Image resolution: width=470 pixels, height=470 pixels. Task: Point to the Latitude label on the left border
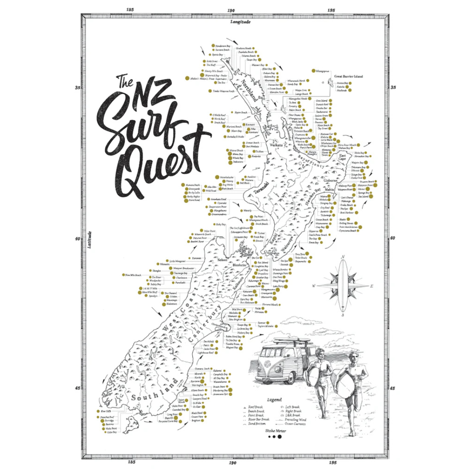[90, 239]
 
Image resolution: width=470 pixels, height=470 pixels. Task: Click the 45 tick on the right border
[393, 389]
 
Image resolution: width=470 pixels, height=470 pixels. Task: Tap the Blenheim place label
[239, 265]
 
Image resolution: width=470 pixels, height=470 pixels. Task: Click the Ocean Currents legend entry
[295, 423]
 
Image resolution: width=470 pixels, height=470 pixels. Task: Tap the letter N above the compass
[343, 257]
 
